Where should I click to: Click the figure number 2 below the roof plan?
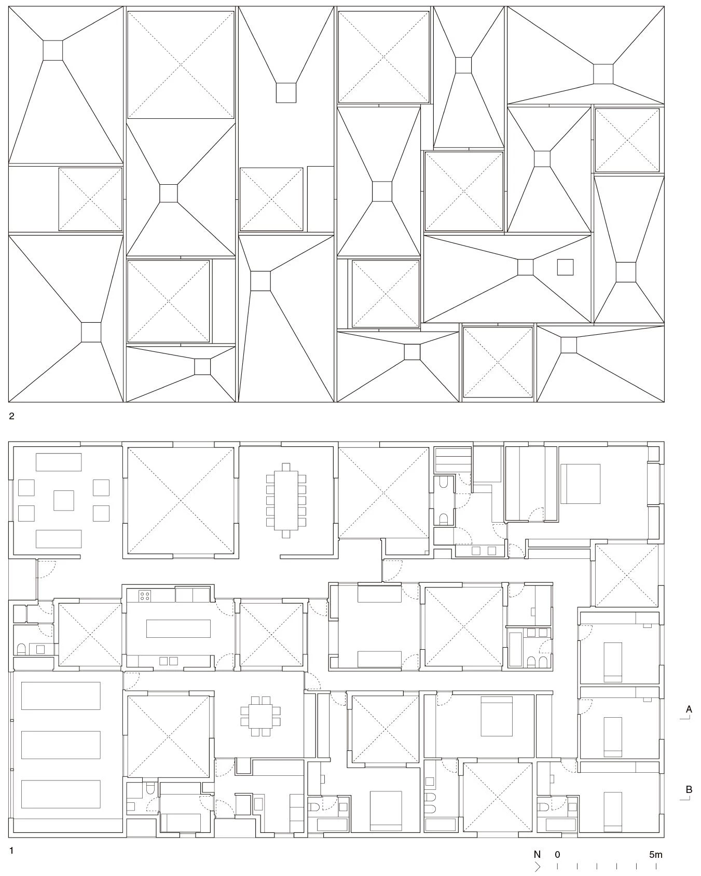click(x=12, y=416)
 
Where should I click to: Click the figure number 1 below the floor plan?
click(x=11, y=851)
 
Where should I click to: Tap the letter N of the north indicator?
click(x=537, y=854)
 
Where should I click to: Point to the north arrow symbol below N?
click(x=537, y=866)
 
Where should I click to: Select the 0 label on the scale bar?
click(x=557, y=854)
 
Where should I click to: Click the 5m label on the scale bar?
click(x=655, y=854)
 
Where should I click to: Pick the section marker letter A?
click(x=689, y=709)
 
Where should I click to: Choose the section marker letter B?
click(x=689, y=789)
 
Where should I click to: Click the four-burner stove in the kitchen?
click(x=145, y=595)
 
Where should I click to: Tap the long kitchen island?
click(x=178, y=628)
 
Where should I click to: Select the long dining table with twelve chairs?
click(x=286, y=500)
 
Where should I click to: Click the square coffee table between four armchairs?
click(x=64, y=500)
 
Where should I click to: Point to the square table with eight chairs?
click(x=260, y=716)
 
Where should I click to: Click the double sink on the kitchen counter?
click(x=169, y=661)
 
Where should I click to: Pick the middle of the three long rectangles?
click(x=61, y=745)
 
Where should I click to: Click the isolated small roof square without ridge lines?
click(x=566, y=267)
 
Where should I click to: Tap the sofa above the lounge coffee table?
click(x=59, y=462)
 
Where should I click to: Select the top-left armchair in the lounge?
click(x=26, y=488)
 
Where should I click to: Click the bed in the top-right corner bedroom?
click(x=580, y=484)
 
